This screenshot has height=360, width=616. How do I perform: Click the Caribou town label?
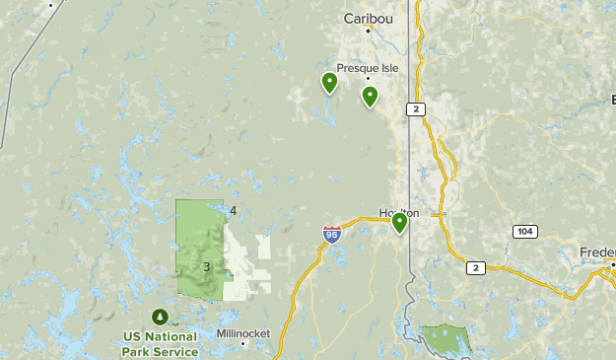pos(367,18)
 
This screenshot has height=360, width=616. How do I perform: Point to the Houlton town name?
pos(397,213)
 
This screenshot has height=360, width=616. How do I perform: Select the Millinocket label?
pos(242,332)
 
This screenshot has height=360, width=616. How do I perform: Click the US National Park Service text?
pos(161,342)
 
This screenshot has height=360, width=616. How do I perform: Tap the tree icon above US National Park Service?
pos(160,317)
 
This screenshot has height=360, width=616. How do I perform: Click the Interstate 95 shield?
pos(331,235)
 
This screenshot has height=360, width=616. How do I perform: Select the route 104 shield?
pos(524,231)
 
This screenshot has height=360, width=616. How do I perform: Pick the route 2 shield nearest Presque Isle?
pos(418,108)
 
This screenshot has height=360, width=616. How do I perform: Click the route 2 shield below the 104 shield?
pos(475,267)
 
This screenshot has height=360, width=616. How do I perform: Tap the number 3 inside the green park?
pos(207,266)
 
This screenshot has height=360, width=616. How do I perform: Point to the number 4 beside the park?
pos(234,211)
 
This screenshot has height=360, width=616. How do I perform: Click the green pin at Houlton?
pos(399,223)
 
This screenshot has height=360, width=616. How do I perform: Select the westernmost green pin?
pos(329,83)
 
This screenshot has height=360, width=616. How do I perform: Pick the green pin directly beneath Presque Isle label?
pos(370,96)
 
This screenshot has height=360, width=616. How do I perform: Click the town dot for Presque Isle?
pos(368,79)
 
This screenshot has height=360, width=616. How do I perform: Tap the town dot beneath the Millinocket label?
pos(242,343)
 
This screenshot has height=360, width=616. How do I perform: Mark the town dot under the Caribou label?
pos(372,30)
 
